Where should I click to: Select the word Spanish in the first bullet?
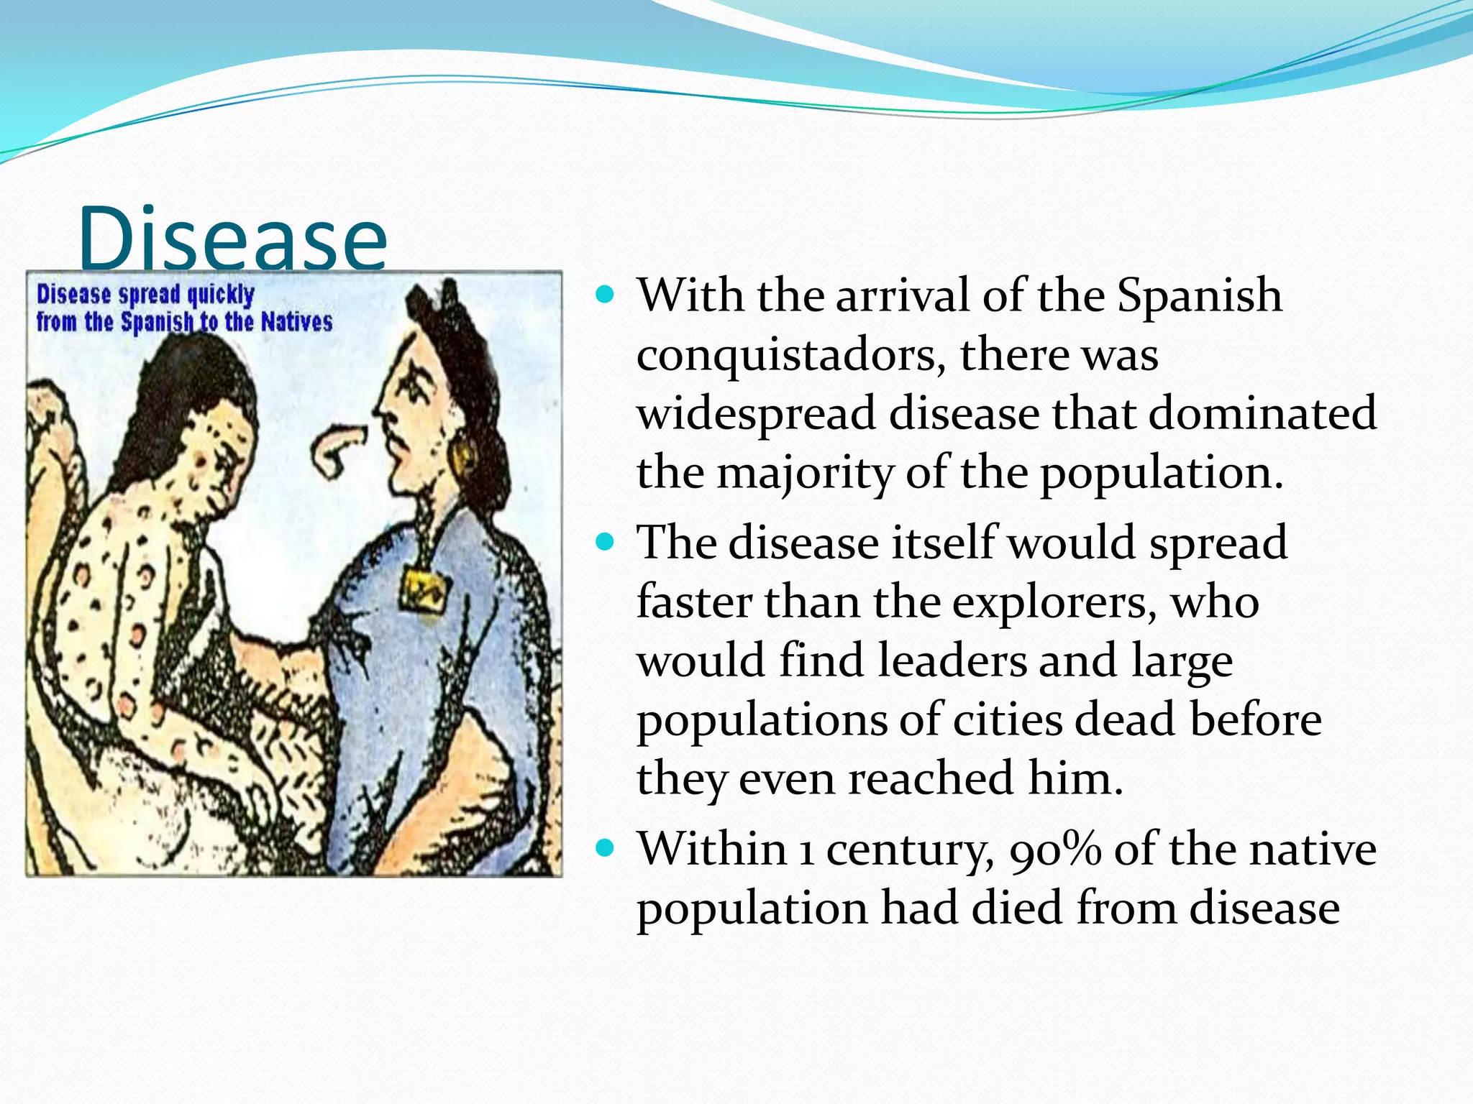point(1199,296)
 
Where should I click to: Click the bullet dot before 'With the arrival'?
point(606,295)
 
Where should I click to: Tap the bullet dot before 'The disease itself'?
point(606,541)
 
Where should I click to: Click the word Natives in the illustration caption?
point(296,322)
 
